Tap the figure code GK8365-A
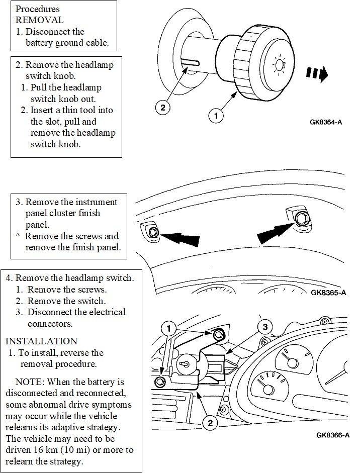[330, 293]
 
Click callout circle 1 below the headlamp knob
[216, 115]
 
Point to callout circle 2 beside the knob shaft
[162, 107]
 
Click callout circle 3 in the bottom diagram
[261, 327]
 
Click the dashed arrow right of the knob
[317, 74]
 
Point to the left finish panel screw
[154, 232]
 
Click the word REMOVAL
[40, 21]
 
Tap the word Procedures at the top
[38, 10]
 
